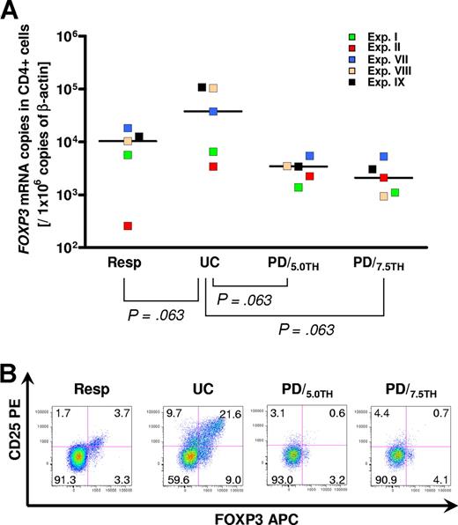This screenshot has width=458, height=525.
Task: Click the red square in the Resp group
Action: [128, 226]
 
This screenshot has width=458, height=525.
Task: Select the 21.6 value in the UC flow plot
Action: [231, 413]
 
